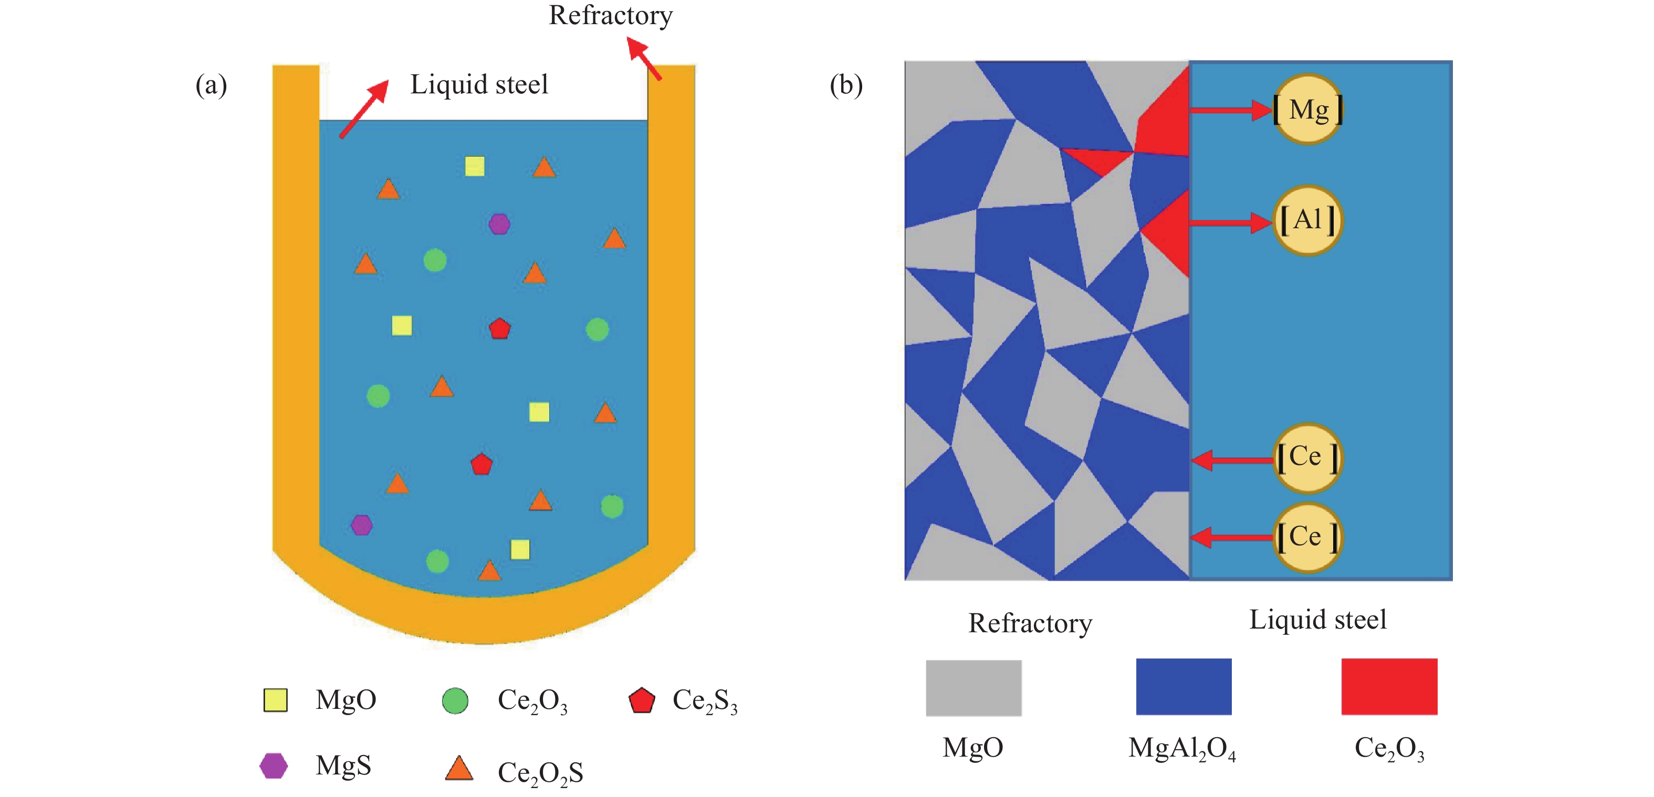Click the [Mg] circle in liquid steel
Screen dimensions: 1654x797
pyautogui.click(x=1307, y=110)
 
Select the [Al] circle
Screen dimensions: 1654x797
pyautogui.click(x=1307, y=221)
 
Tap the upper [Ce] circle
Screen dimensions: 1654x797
pyautogui.click(x=1307, y=458)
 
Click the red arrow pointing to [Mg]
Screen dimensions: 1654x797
pyautogui.click(x=1231, y=110)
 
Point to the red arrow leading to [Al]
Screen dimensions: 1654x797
pyautogui.click(x=1231, y=222)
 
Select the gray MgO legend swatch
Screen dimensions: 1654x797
pyautogui.click(x=973, y=688)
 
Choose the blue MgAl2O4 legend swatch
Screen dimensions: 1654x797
pyautogui.click(x=1184, y=687)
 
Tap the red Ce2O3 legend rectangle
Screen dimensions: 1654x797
pyautogui.click(x=1389, y=687)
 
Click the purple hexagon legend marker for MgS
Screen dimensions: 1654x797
pyautogui.click(x=274, y=766)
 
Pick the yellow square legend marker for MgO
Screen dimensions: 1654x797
pyautogui.click(x=276, y=700)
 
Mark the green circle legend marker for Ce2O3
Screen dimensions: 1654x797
pyautogui.click(x=455, y=701)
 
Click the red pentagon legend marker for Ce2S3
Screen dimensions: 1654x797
pyautogui.click(x=642, y=701)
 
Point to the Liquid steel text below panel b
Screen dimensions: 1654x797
pyautogui.click(x=1317, y=620)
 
